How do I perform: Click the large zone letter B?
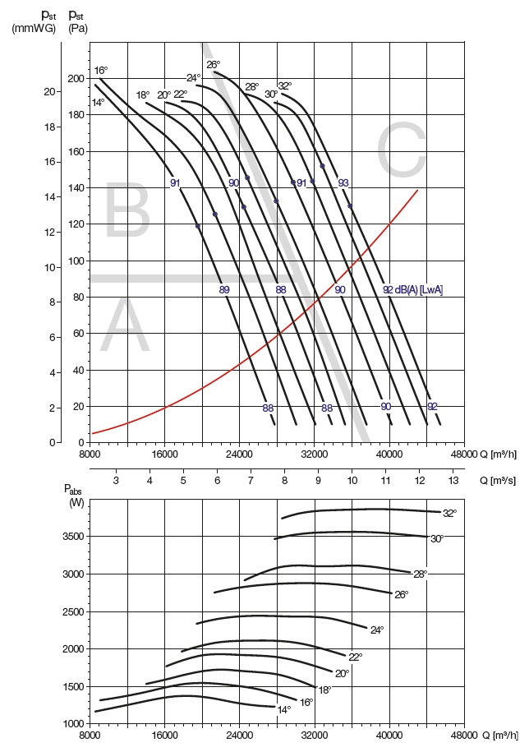(126, 213)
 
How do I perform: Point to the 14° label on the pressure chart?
(99, 103)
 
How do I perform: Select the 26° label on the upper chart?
(214, 65)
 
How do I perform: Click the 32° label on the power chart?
(448, 514)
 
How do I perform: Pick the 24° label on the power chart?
(377, 630)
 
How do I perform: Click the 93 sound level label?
(343, 182)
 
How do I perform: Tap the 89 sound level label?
(224, 289)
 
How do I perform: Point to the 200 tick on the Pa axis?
(77, 79)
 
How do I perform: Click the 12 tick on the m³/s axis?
(419, 480)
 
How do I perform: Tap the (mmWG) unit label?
(34, 28)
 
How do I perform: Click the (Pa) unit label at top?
(78, 28)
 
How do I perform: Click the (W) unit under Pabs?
(76, 502)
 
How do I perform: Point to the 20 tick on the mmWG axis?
(47, 91)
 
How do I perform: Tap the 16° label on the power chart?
(306, 702)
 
